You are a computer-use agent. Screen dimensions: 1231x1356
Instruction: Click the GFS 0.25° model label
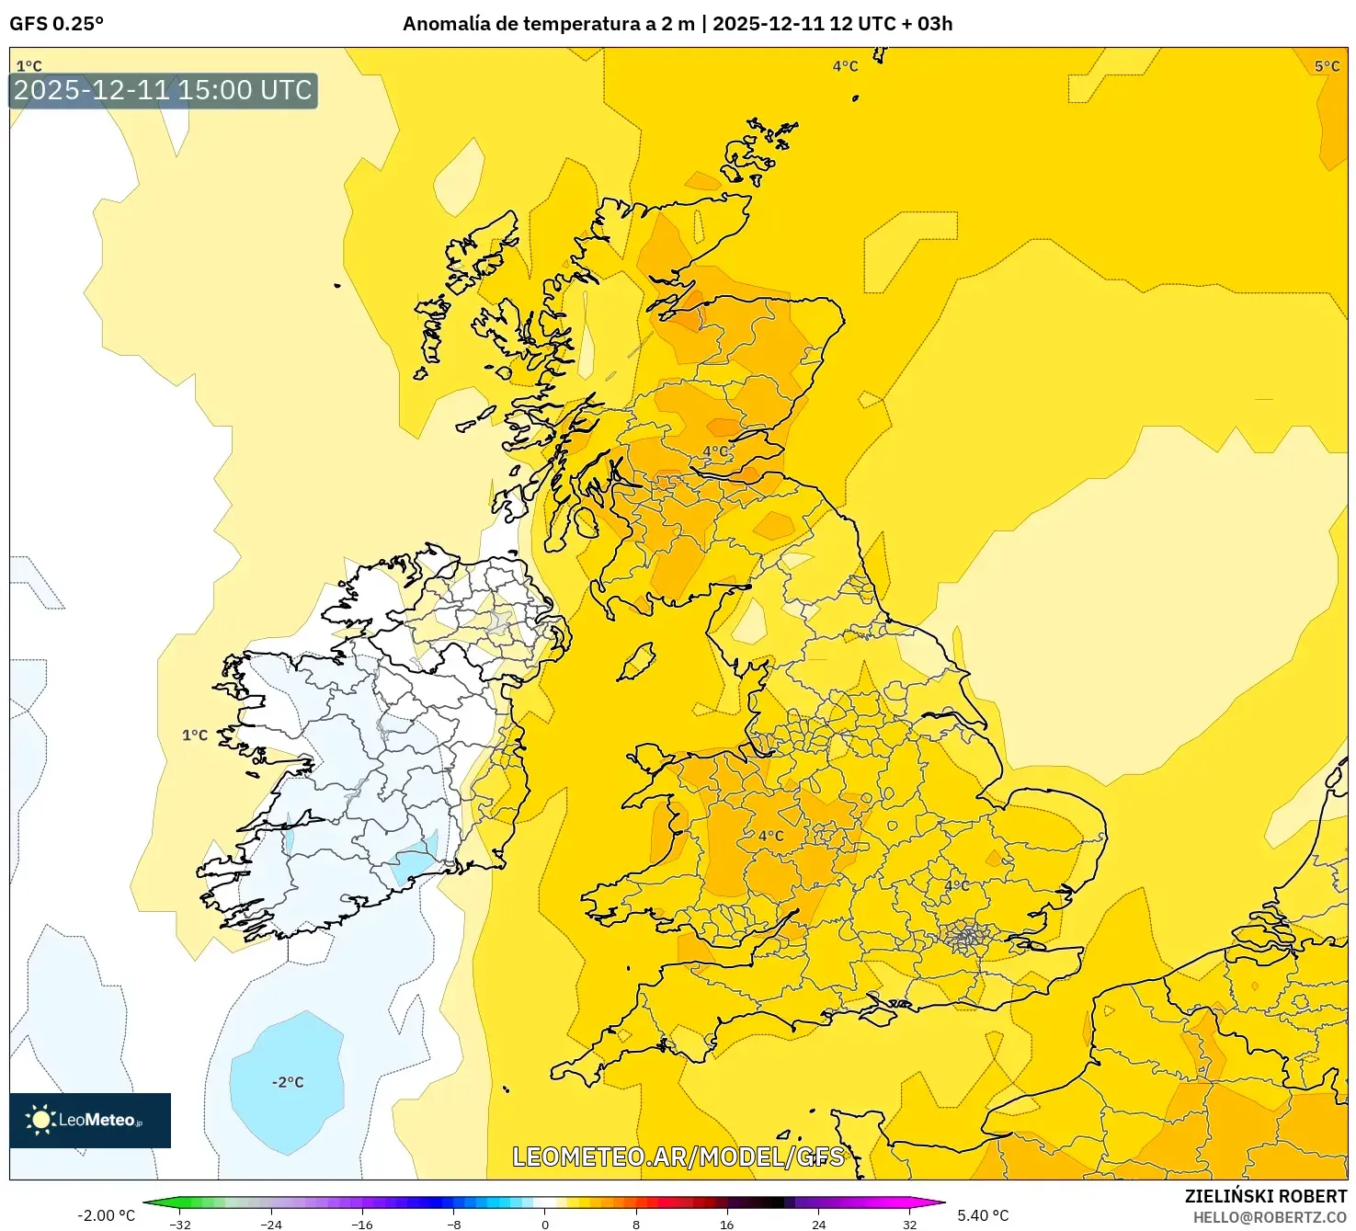(56, 24)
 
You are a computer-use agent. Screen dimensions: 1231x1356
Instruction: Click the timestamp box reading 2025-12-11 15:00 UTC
(163, 90)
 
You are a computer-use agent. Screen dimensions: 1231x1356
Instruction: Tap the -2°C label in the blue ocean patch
(288, 1082)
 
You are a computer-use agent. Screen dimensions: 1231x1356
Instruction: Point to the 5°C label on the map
(1327, 66)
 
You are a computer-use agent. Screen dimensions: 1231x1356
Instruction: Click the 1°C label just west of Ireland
(195, 735)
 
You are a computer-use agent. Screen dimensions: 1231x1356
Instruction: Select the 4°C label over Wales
(771, 836)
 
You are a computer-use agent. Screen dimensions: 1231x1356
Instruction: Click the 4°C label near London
(957, 885)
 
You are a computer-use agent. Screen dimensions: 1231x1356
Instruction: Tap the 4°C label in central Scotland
(716, 451)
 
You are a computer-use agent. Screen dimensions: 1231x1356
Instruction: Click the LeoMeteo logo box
(90, 1120)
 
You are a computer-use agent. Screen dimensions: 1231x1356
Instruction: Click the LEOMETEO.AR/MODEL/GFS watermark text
(678, 1157)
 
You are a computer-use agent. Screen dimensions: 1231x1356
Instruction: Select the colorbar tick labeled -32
(181, 1224)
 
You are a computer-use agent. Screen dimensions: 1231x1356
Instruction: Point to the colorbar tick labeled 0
(545, 1224)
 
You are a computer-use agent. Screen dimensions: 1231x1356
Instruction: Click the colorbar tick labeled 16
(726, 1224)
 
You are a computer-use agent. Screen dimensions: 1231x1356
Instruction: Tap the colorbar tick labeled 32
(908, 1224)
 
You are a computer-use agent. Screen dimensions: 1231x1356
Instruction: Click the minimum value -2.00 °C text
(106, 1215)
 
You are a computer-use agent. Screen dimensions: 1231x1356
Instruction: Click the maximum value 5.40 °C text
(983, 1215)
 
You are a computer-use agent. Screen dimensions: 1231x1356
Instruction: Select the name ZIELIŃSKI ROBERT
(1265, 1196)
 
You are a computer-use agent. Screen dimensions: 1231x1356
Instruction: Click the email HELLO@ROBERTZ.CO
(1270, 1217)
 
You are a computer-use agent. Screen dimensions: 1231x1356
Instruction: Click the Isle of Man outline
(637, 661)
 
